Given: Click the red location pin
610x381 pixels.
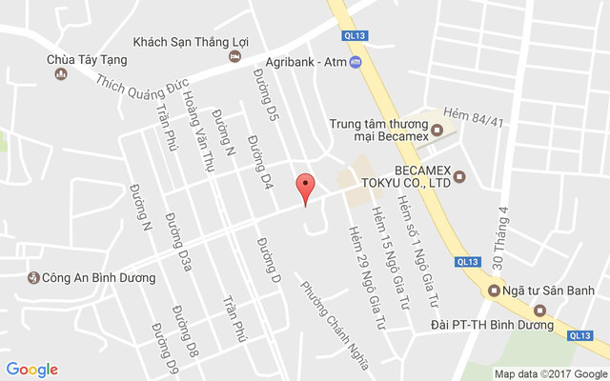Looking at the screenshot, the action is click(305, 186).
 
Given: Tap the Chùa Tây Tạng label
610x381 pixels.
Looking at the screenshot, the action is click(86, 59).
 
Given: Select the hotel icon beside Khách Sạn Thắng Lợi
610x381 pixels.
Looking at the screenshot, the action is click(234, 56).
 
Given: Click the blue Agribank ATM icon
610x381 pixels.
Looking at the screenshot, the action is click(356, 63).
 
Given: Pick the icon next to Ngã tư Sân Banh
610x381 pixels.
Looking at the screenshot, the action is click(494, 291).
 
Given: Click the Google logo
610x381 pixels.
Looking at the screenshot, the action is click(32, 370).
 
